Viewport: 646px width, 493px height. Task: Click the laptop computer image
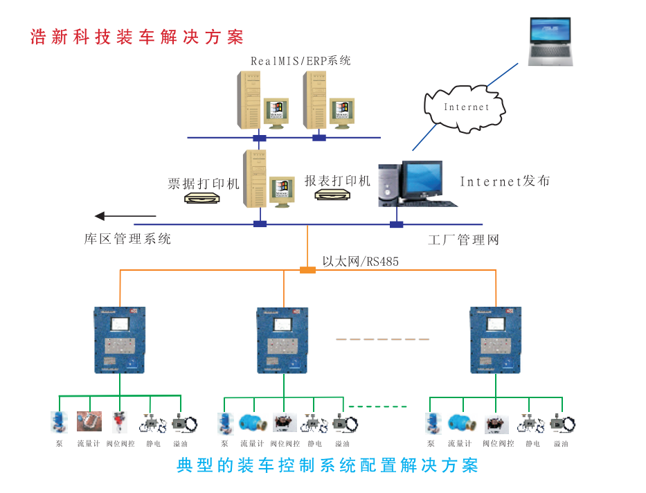click(551, 42)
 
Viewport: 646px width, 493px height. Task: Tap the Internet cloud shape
click(466, 107)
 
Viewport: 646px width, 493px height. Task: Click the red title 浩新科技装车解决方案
click(136, 37)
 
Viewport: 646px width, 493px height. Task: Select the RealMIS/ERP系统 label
click(300, 61)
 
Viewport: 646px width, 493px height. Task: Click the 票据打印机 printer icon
click(202, 199)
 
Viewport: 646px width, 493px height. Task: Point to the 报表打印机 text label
click(337, 181)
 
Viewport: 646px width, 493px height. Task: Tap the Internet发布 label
click(505, 181)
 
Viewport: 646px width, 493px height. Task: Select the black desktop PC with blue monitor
click(415, 183)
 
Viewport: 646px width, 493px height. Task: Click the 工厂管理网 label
click(463, 240)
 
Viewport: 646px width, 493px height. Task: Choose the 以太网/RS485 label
click(360, 261)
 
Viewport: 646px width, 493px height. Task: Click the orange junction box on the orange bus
click(307, 269)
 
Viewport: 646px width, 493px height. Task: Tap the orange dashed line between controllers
click(382, 339)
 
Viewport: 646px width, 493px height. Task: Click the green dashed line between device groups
click(377, 406)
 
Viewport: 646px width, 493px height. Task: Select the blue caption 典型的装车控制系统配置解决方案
click(327, 465)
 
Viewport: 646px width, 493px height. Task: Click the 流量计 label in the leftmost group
click(89, 443)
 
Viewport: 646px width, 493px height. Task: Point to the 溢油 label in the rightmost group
click(561, 443)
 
